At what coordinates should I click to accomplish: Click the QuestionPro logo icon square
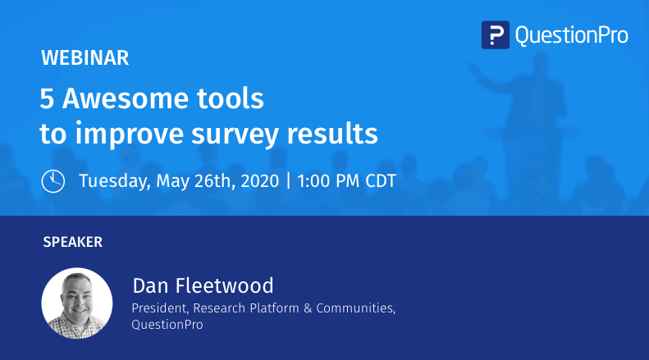point(496,34)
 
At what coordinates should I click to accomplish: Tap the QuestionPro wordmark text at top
point(571,34)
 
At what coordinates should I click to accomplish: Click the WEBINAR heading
point(85,58)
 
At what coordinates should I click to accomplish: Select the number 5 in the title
point(48,99)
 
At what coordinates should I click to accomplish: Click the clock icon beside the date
point(53,180)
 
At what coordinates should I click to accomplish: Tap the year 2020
point(254,180)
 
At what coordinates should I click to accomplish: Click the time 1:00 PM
point(325,180)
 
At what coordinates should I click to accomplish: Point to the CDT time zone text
point(378,180)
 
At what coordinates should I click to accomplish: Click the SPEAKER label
point(72,242)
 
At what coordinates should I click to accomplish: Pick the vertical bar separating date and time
point(289,180)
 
